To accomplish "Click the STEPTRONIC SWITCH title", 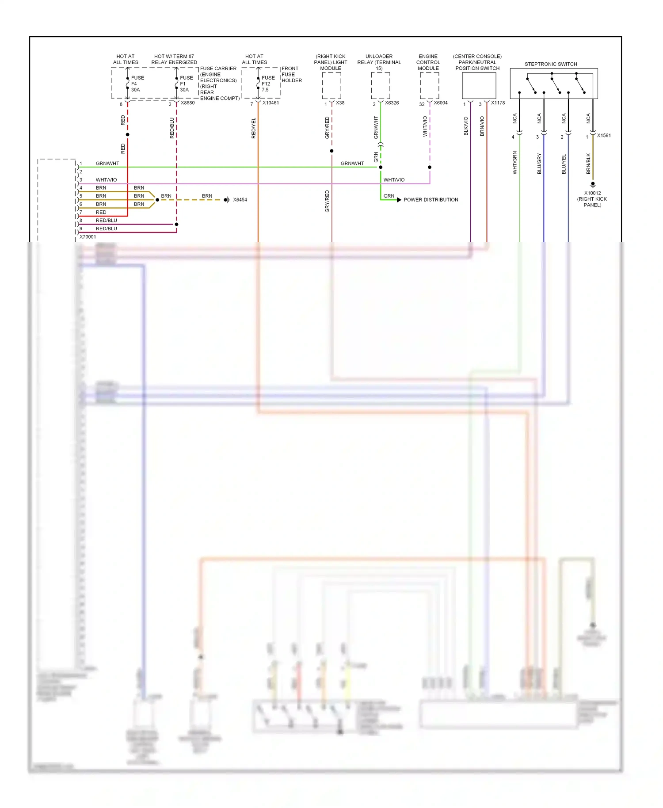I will [551, 64].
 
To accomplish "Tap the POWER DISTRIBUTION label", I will [431, 200].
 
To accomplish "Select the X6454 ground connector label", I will [240, 200].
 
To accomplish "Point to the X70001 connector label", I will [88, 237].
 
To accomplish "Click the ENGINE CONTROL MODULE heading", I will [428, 62].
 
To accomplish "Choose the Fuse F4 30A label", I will [137, 84].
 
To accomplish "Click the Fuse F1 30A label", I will [186, 84].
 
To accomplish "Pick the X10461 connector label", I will [271, 103].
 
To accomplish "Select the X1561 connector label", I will [604, 136].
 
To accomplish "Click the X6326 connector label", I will [392, 103].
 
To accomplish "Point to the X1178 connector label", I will [498, 103].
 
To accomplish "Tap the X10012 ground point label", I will [592, 199].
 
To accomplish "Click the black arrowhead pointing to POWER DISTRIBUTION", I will [399, 200].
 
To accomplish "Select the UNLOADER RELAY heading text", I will [379, 62].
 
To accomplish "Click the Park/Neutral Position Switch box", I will [479, 85].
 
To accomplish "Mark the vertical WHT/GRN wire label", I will [514, 163].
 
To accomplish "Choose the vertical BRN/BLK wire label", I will [588, 164].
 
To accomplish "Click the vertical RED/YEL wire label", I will [253, 128].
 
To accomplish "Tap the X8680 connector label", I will [187, 103].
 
